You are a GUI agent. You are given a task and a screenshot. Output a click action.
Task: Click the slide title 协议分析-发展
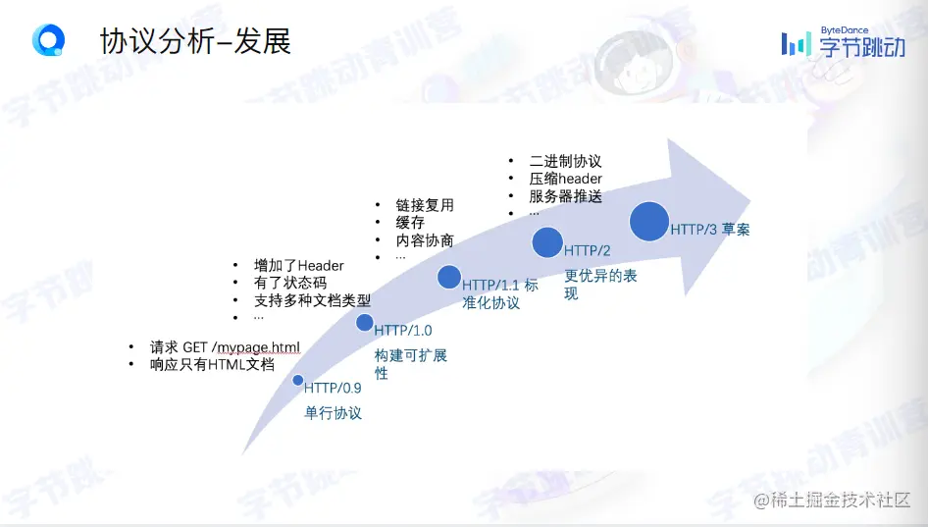pyautogui.click(x=195, y=41)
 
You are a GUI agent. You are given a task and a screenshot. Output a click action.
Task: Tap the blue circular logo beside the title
pyautogui.click(x=48, y=40)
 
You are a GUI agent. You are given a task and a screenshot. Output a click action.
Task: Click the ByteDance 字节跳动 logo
pyautogui.click(x=844, y=42)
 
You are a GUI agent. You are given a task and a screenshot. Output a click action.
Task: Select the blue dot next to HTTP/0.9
pyautogui.click(x=298, y=380)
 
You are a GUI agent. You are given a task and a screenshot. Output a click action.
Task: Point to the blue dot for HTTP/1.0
pyautogui.click(x=365, y=323)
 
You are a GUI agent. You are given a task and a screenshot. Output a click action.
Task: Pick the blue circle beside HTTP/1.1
pyautogui.click(x=449, y=277)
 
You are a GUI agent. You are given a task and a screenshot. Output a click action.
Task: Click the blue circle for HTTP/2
pyautogui.click(x=547, y=242)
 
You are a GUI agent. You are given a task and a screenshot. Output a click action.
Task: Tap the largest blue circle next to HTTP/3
pyautogui.click(x=649, y=222)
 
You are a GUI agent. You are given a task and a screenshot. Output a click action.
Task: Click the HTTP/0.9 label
pyautogui.click(x=333, y=388)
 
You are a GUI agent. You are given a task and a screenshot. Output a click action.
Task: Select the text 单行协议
pyautogui.click(x=333, y=413)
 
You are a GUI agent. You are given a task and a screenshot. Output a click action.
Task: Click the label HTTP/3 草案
pyautogui.click(x=709, y=230)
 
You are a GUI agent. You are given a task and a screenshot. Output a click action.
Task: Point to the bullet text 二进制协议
pyautogui.click(x=565, y=161)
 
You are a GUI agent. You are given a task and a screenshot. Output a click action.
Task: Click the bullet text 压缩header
pyautogui.click(x=565, y=179)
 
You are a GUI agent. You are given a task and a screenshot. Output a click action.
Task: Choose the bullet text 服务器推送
pyautogui.click(x=565, y=196)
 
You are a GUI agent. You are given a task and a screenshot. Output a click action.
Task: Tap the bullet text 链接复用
pyautogui.click(x=425, y=205)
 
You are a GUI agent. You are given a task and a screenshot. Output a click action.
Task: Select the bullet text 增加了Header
pyautogui.click(x=299, y=265)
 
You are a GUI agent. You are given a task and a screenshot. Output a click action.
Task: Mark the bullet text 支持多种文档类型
pyautogui.click(x=313, y=301)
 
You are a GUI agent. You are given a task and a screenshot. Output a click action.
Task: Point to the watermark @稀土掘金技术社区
pyautogui.click(x=832, y=500)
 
